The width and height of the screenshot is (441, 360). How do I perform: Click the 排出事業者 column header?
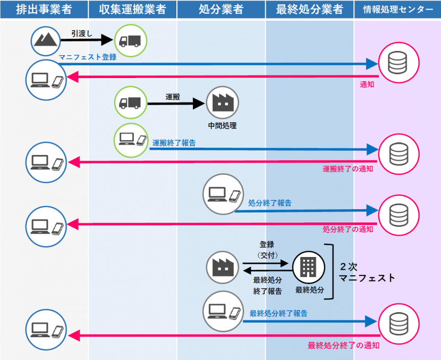[x=44, y=10]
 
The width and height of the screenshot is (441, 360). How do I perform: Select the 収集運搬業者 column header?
[x=132, y=10]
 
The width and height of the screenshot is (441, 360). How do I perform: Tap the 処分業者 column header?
[x=221, y=10]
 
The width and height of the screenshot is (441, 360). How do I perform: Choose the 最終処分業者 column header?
[x=310, y=10]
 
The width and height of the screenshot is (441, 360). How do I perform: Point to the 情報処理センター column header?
[x=397, y=10]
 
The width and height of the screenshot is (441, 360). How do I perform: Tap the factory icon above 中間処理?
[x=222, y=102]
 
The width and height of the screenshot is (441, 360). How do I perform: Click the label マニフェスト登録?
[x=88, y=57]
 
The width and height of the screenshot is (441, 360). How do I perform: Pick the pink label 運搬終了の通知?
[x=347, y=169]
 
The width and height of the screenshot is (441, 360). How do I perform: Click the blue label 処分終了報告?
[x=270, y=203]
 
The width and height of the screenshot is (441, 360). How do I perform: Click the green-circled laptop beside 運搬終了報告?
[x=131, y=140]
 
